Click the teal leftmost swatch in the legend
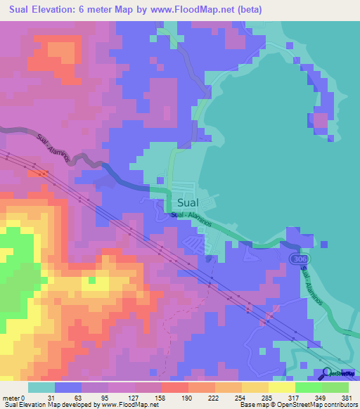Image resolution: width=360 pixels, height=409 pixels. pyautogui.click(x=41, y=387)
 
